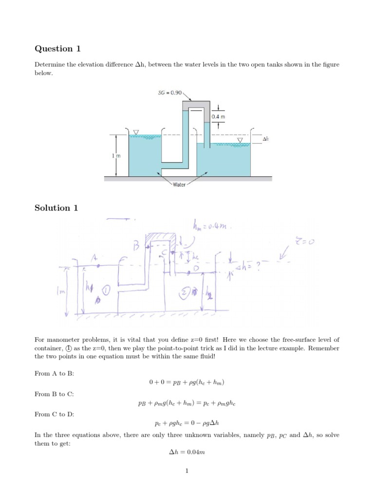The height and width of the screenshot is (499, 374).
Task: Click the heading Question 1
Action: [56, 49]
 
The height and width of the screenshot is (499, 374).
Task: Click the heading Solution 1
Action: [56, 208]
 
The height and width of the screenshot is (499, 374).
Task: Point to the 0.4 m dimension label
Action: [218, 117]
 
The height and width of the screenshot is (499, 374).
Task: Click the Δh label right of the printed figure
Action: [265, 139]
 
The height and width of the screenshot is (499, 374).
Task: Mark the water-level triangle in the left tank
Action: [136, 133]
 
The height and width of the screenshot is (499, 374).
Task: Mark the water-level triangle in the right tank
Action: [240, 141]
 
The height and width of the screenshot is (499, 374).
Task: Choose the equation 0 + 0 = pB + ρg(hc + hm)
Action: [187, 382]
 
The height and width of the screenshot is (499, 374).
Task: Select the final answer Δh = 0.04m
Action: [187, 452]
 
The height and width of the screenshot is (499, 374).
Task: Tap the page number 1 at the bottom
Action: [187, 484]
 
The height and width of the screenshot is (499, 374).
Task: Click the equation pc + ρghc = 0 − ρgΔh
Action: [187, 423]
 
